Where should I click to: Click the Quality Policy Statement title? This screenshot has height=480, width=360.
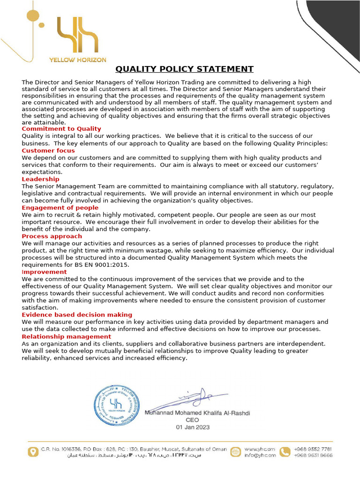[x=184, y=69]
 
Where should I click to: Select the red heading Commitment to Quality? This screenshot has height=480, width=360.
[x=61, y=129]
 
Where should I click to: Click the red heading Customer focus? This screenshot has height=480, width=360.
[x=48, y=150]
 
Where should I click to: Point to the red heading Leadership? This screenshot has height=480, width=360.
[x=40, y=179]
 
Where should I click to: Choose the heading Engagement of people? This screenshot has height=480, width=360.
[x=60, y=208]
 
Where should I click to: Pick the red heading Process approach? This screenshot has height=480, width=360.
[x=52, y=236]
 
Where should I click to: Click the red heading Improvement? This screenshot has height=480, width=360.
[x=44, y=272]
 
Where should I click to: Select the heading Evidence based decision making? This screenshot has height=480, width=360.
[x=77, y=315]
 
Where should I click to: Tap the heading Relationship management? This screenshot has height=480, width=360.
[x=66, y=337]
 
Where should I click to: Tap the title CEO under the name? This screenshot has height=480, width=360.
[x=193, y=420]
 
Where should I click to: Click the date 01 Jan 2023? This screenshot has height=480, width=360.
[x=193, y=427]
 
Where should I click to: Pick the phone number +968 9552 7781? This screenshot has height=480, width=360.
[x=313, y=449]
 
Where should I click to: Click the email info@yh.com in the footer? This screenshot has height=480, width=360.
[x=260, y=455]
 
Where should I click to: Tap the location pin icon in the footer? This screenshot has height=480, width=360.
[x=33, y=452]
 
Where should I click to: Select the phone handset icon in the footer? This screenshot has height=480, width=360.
[x=285, y=452]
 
